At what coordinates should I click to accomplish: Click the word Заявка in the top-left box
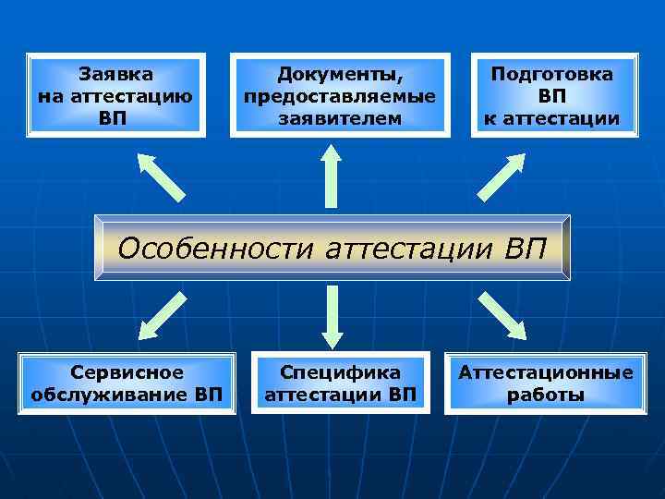click(x=116, y=74)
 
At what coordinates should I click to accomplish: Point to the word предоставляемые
click(x=339, y=96)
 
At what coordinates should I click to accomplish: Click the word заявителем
click(x=339, y=118)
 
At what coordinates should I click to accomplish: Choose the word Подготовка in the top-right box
click(x=551, y=74)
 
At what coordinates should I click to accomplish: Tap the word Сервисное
click(x=127, y=373)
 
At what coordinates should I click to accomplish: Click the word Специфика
click(x=341, y=373)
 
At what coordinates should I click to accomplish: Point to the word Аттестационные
click(x=546, y=373)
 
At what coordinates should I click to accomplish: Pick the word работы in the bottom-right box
click(x=546, y=396)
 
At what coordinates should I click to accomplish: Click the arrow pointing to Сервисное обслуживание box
click(x=162, y=314)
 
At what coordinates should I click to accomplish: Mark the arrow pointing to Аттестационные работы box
click(x=502, y=314)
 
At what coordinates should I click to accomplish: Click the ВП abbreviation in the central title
click(x=527, y=248)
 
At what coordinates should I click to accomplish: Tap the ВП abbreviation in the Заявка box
click(x=115, y=118)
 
